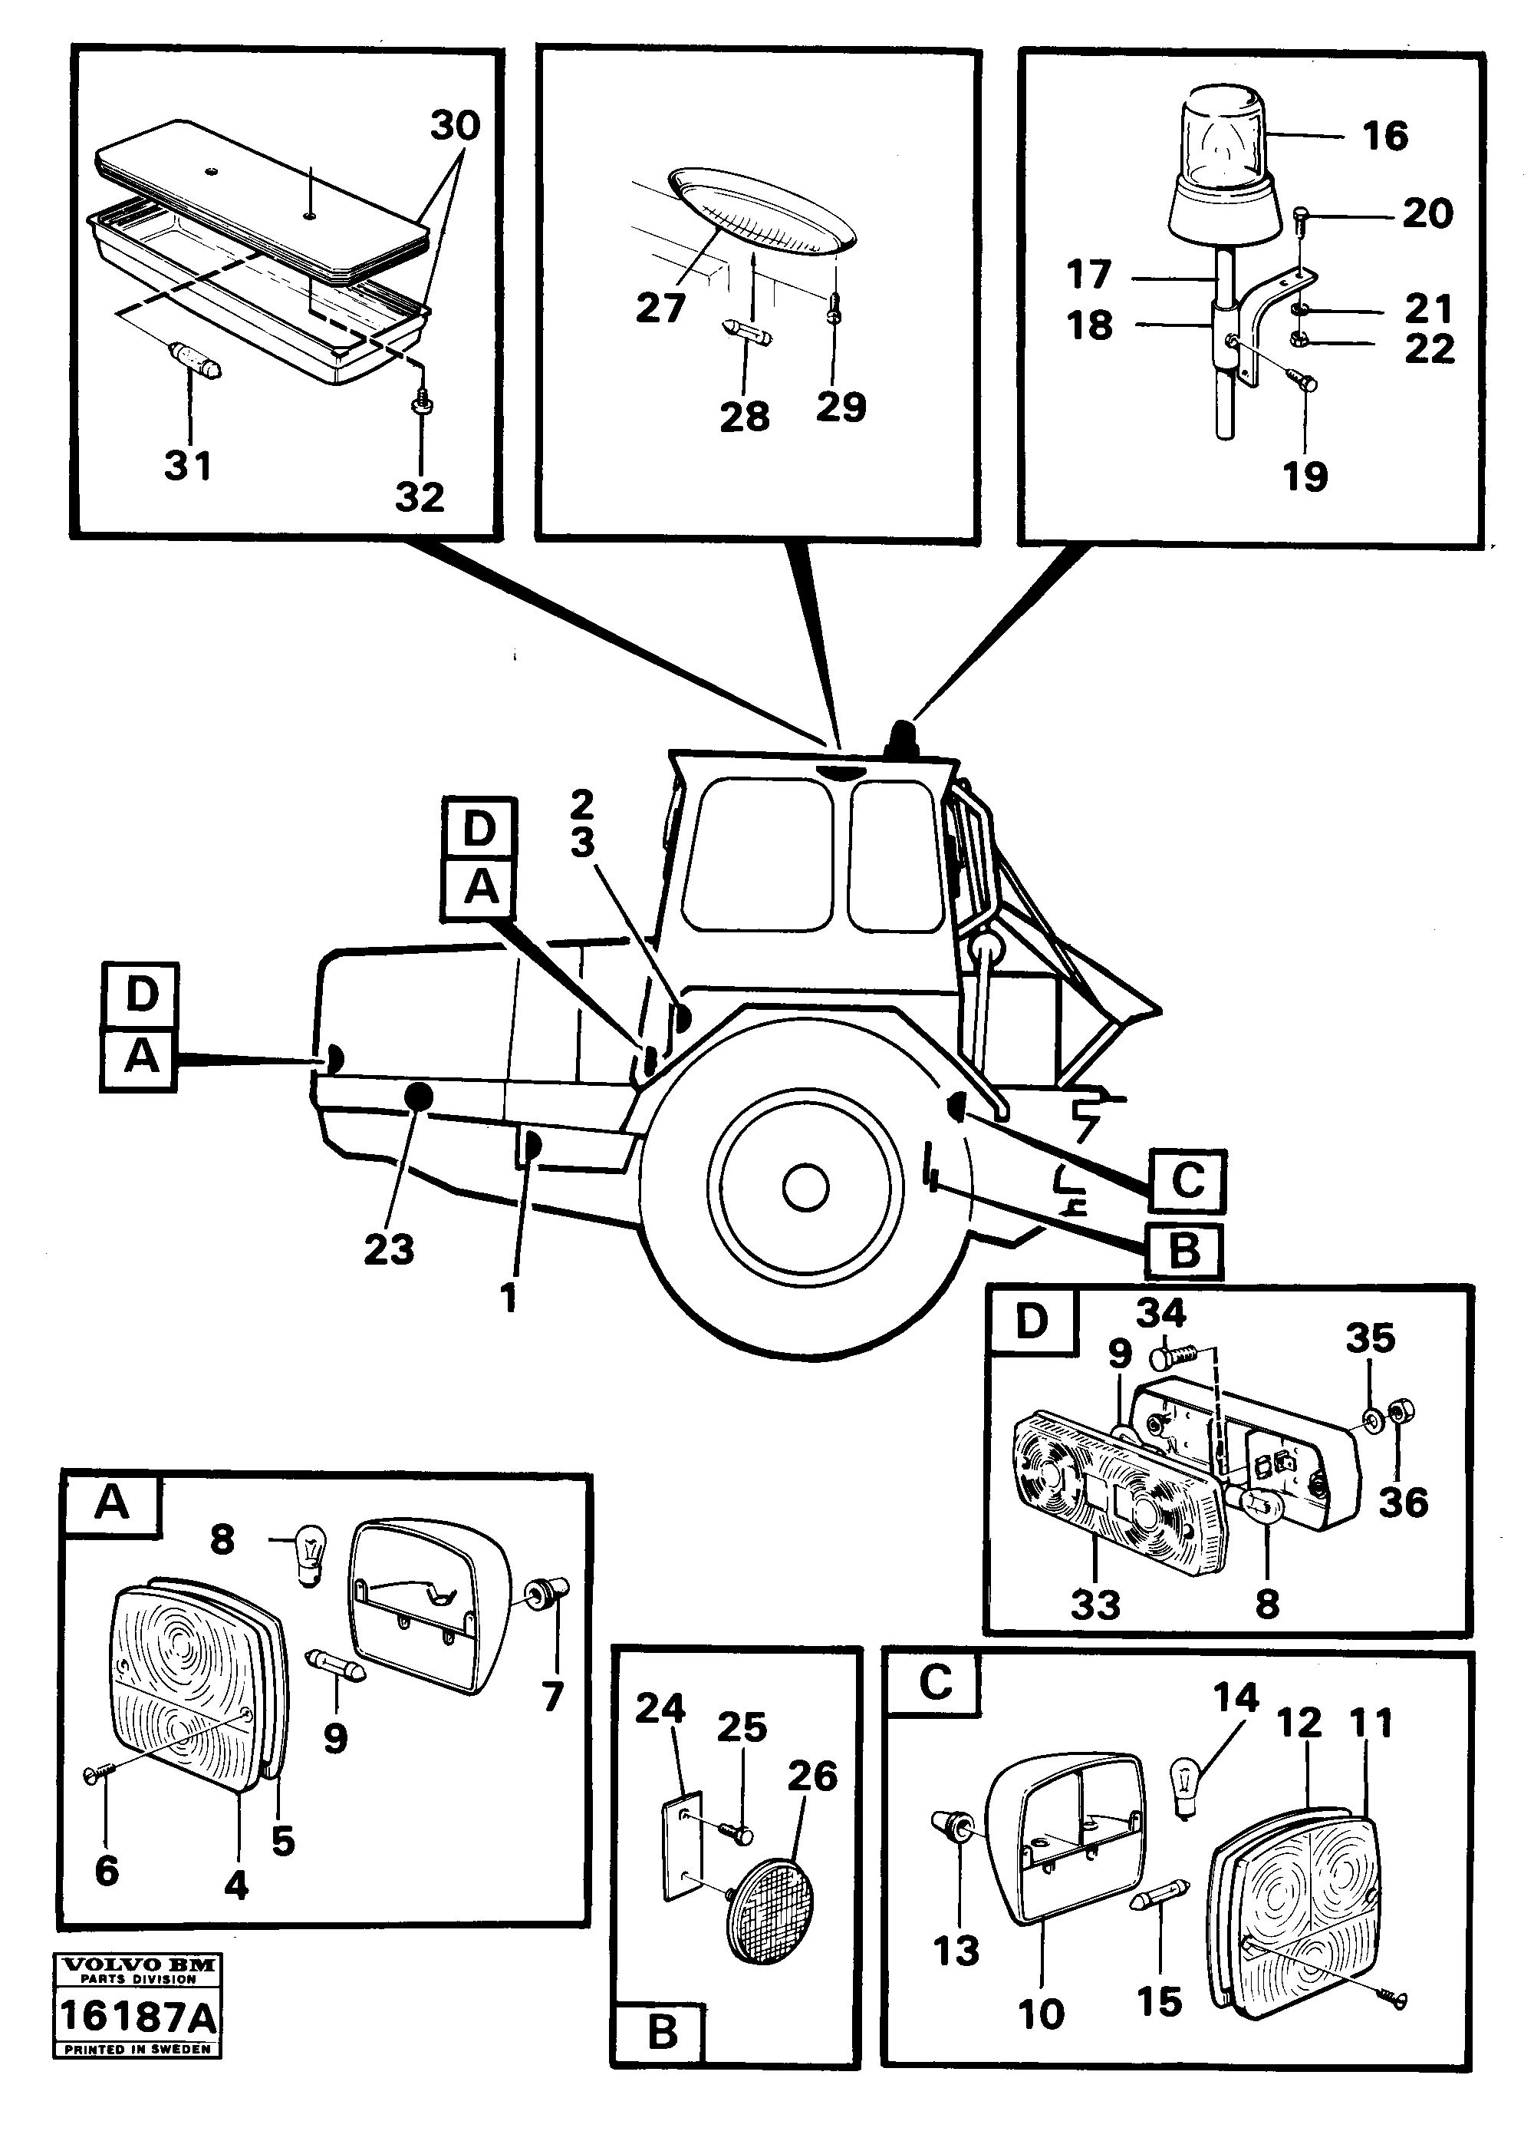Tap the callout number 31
click(x=188, y=465)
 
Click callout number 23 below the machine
click(x=389, y=1249)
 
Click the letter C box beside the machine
click(x=1187, y=1180)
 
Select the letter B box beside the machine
click(x=1183, y=1252)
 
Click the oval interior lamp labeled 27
click(x=761, y=213)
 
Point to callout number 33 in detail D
click(x=1095, y=1605)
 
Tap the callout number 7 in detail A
click(x=552, y=1696)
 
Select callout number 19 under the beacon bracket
click(x=1305, y=477)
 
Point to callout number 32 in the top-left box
click(x=419, y=496)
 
